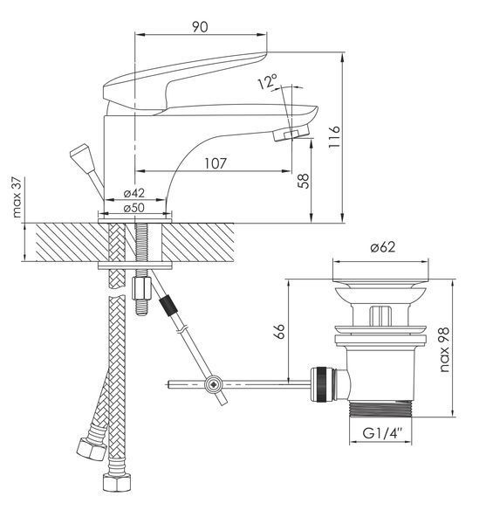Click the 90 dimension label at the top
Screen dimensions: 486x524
(200, 27)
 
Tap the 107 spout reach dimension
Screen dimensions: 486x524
(216, 163)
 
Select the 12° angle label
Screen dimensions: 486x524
(268, 82)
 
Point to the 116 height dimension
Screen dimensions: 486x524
(334, 138)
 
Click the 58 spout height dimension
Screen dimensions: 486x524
(304, 181)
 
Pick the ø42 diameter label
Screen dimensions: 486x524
(133, 193)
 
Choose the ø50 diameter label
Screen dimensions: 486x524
(133, 208)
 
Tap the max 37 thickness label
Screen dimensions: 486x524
(17, 197)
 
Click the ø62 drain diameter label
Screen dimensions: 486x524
(383, 247)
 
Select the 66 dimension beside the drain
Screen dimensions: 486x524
(280, 331)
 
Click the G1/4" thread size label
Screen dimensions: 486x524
(382, 433)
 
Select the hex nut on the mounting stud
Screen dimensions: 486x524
(142, 288)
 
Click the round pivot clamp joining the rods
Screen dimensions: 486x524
(213, 385)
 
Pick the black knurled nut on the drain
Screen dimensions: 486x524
(321, 383)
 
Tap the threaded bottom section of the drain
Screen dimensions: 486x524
(380, 409)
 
